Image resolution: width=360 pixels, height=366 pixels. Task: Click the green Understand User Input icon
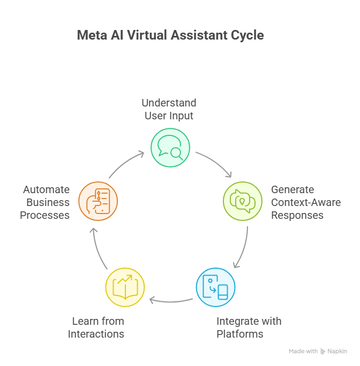(x=170, y=147)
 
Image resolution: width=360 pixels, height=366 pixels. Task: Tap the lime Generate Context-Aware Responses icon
(x=242, y=201)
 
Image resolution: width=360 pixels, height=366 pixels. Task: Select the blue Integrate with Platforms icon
(x=215, y=287)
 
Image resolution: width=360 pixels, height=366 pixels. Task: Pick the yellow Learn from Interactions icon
(x=125, y=287)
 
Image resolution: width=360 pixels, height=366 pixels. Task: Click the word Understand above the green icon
(x=169, y=102)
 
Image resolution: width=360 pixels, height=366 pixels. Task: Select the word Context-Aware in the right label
(x=306, y=203)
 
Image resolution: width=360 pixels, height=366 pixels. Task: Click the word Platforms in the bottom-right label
(x=240, y=334)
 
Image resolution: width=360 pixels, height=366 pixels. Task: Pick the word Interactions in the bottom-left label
(x=96, y=334)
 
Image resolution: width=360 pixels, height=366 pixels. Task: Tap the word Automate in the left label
(x=46, y=189)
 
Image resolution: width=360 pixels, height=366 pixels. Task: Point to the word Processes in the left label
(x=45, y=215)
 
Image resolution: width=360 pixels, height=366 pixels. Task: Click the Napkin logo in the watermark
(x=334, y=352)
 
